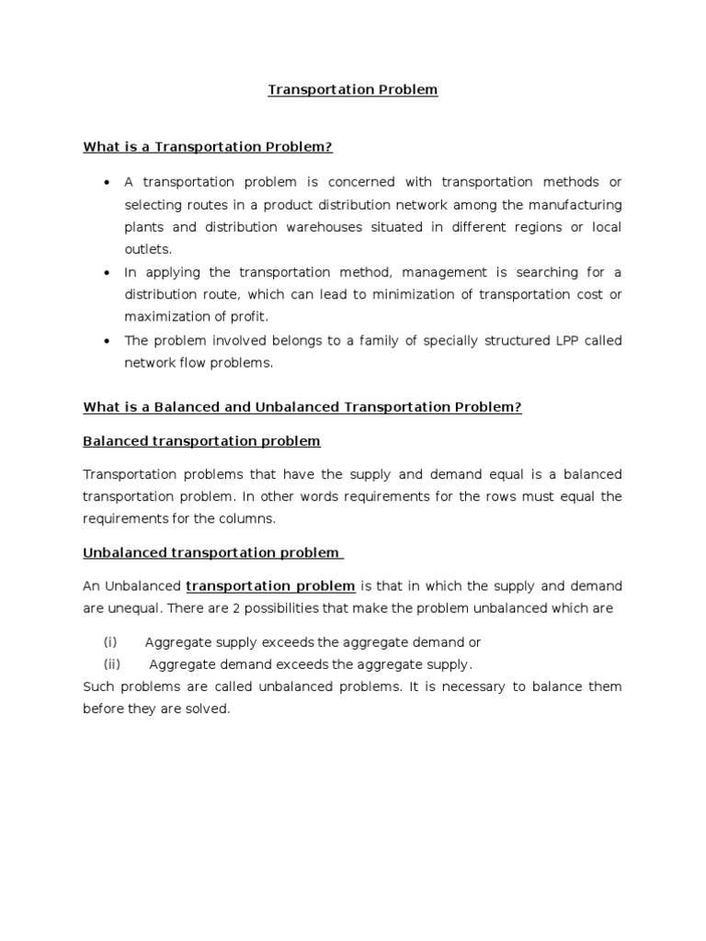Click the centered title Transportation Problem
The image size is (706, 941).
353,90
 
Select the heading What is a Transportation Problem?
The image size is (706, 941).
207,146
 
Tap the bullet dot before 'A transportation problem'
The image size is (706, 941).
108,183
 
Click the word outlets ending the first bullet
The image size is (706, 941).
147,249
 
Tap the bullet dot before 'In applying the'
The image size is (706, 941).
108,273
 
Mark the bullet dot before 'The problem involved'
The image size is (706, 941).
108,341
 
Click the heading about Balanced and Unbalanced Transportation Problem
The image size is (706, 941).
302,407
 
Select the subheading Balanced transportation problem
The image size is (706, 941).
201,441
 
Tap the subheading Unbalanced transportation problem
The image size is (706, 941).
212,552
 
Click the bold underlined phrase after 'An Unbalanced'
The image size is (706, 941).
270,586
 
